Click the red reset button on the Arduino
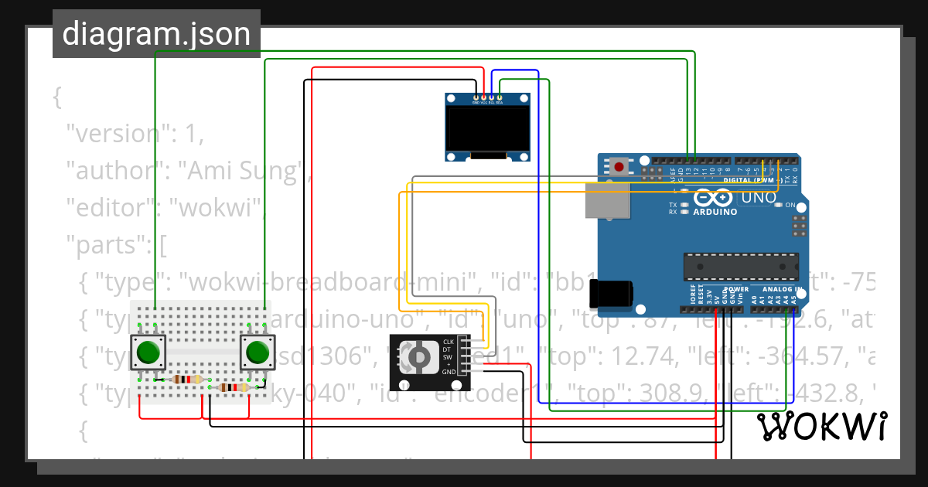click(619, 165)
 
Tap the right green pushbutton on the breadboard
click(257, 352)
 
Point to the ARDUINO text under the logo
click(715, 212)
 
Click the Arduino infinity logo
click(711, 197)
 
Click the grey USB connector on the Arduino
click(607, 200)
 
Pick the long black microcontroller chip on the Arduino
click(741, 266)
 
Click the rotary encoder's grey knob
click(418, 357)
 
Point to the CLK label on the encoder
click(448, 342)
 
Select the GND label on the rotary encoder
click(449, 372)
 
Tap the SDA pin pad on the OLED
click(500, 97)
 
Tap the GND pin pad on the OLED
click(475, 97)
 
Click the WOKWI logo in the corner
click(821, 426)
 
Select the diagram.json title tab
click(156, 34)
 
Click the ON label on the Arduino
click(790, 206)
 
